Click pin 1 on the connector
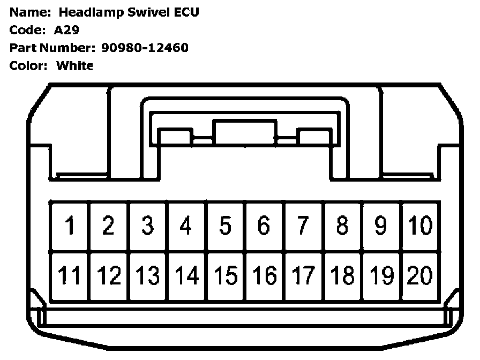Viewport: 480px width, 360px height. click(x=70, y=226)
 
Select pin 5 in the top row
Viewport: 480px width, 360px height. click(x=226, y=226)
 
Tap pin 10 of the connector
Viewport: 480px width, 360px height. click(x=420, y=226)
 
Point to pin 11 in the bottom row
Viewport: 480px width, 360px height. click(x=70, y=276)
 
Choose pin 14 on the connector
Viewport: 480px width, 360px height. click(x=186, y=276)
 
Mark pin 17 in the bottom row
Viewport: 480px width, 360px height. click(x=303, y=276)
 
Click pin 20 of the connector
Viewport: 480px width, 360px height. click(x=420, y=276)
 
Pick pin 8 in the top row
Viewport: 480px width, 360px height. click(x=342, y=226)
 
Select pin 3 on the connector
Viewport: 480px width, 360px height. click(x=147, y=226)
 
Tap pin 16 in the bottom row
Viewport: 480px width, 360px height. click(x=264, y=276)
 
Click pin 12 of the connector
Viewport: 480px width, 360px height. click(x=109, y=276)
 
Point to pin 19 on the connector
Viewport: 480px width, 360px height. click(x=381, y=276)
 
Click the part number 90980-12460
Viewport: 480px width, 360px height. click(x=145, y=48)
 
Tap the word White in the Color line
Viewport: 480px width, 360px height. click(x=74, y=66)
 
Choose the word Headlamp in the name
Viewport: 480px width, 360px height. click(x=95, y=12)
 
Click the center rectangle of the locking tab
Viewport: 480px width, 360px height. click(x=244, y=132)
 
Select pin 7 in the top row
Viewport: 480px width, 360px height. click(x=303, y=226)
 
